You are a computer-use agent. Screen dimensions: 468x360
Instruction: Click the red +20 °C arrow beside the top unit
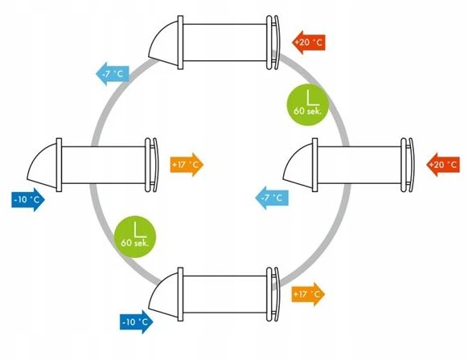coord(309,43)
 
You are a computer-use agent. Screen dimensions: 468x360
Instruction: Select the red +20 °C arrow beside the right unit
coord(443,165)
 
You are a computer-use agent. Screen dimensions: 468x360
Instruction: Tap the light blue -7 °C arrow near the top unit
coord(113,74)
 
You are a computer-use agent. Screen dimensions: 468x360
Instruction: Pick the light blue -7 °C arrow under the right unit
coord(272,198)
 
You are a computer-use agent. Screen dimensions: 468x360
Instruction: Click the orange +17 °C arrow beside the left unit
coord(187,165)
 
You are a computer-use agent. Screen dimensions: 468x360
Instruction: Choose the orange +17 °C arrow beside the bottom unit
coord(308,294)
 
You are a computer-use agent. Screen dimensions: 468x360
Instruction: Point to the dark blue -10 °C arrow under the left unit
coord(28,199)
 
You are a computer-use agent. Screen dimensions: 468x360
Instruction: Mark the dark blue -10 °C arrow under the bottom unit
coord(137,321)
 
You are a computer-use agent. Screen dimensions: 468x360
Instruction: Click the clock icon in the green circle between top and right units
coord(312,98)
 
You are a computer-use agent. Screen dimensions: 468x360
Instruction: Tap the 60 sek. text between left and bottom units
coord(134,243)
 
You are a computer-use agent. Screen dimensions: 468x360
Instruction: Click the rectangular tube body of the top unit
coord(224,43)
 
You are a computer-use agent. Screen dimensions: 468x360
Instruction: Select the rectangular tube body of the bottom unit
coord(224,294)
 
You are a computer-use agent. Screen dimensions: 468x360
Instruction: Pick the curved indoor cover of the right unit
coord(411,165)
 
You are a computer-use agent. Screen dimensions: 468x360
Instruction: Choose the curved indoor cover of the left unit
coord(155,165)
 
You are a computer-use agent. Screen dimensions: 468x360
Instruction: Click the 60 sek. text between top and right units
coord(308,111)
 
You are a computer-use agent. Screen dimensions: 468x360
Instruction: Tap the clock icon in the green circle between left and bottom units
coord(139,230)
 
